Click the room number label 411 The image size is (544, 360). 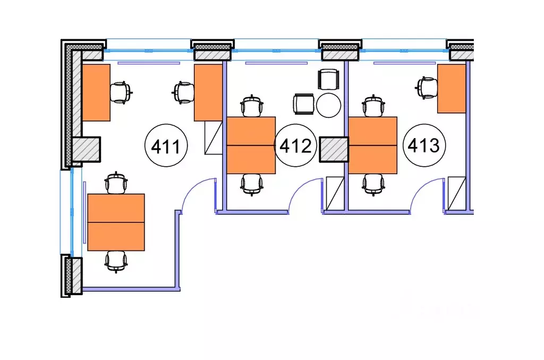tap(166, 145)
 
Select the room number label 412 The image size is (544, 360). tap(295, 145)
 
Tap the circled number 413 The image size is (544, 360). tap(424, 145)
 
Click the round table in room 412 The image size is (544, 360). tap(328, 105)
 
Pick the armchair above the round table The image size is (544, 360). tap(328, 80)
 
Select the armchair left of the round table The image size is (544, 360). tap(304, 104)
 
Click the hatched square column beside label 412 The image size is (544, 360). tap(334, 150)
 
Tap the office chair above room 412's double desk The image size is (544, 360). tap(251, 106)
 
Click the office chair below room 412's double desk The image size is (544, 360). tap(251, 184)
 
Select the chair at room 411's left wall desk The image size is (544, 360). tap(121, 92)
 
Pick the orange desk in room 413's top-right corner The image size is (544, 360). tap(452, 89)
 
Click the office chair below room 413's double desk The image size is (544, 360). tap(373, 184)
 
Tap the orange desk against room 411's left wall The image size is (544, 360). tap(96, 92)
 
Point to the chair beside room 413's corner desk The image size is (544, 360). tap(427, 88)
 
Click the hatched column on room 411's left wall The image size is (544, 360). tap(86, 150)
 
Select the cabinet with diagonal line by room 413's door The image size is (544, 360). tap(456, 193)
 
